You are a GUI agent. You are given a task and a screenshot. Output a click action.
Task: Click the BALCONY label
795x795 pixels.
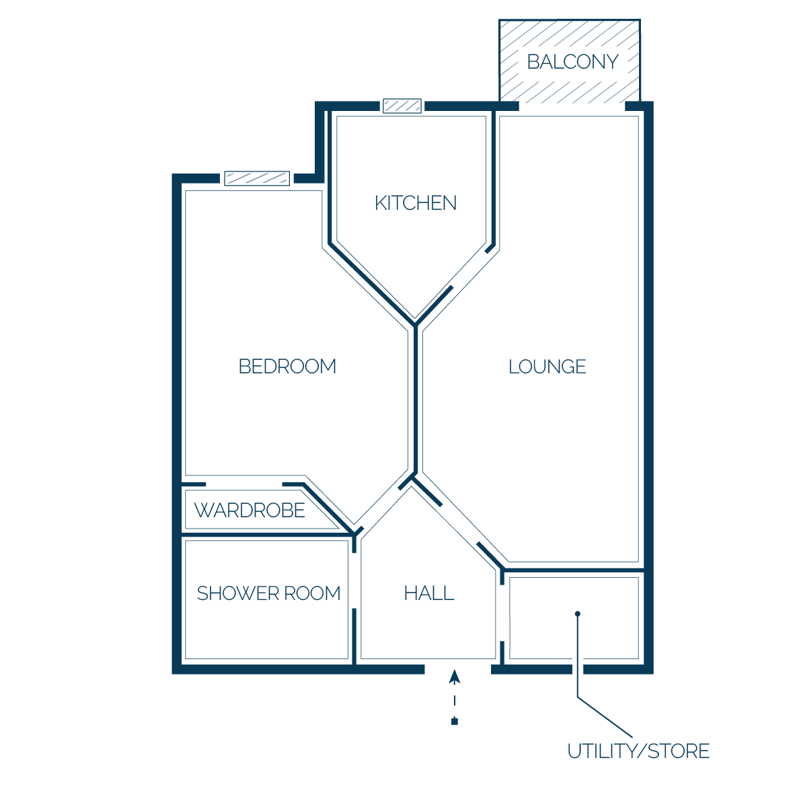click(572, 62)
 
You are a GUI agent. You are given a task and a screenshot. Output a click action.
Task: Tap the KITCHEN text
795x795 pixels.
click(416, 203)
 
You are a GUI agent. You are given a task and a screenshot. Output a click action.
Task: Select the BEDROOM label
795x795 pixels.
click(287, 366)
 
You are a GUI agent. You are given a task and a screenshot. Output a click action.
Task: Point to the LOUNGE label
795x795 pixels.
click(547, 367)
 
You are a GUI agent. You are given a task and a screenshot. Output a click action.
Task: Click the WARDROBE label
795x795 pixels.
click(250, 510)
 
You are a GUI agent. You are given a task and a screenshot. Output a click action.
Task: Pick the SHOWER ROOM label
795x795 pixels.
click(269, 593)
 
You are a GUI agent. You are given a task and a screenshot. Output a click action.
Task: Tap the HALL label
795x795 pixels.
click(429, 593)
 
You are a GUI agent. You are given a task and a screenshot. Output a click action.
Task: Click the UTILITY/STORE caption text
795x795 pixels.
click(638, 751)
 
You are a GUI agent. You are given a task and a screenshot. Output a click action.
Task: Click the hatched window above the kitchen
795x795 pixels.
click(402, 106)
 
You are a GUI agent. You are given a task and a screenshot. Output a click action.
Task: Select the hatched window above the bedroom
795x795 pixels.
click(257, 178)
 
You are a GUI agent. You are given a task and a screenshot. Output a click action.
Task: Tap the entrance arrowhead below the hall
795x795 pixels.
click(455, 677)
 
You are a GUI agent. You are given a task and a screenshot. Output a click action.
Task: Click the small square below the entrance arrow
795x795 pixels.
click(455, 722)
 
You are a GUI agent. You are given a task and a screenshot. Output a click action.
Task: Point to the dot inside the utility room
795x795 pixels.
click(578, 614)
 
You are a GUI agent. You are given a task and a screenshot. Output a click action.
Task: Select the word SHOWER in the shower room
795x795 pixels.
click(238, 593)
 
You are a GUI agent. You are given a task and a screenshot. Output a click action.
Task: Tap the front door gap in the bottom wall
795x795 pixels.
click(458, 669)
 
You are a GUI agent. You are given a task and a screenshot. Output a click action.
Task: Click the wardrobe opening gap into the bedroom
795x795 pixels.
click(244, 485)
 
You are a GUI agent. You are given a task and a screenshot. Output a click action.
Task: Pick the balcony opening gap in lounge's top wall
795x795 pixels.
click(572, 106)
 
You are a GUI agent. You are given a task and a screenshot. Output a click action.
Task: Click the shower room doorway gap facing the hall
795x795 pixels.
click(354, 580)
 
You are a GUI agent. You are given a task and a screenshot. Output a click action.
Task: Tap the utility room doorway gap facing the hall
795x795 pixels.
click(502, 613)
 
